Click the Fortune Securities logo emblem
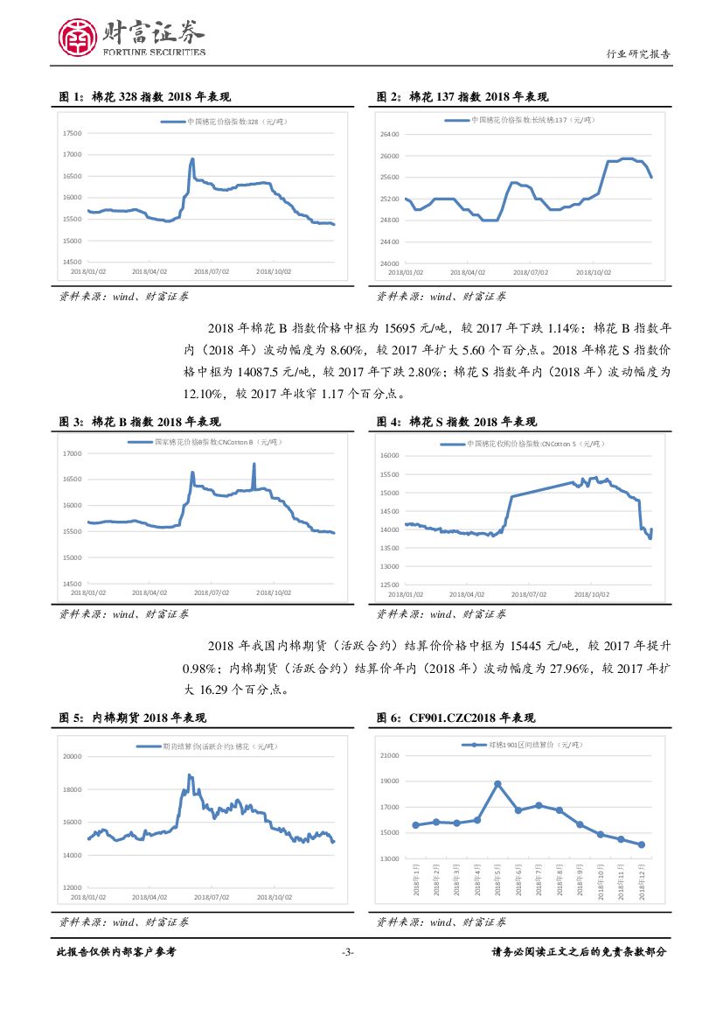pyautogui.click(x=77, y=38)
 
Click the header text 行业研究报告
pyautogui.click(x=638, y=53)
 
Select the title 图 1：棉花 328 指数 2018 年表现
pyautogui.click(x=145, y=96)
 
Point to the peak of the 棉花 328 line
pyautogui.click(x=192, y=159)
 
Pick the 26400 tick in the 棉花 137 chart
pyautogui.click(x=389, y=134)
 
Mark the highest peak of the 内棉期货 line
pyautogui.click(x=189, y=774)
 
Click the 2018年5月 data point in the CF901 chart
pyautogui.click(x=497, y=784)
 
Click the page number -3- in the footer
pyautogui.click(x=347, y=952)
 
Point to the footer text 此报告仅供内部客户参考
pyautogui.click(x=116, y=952)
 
